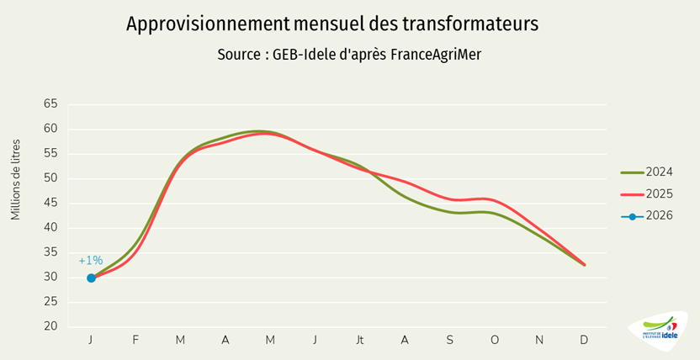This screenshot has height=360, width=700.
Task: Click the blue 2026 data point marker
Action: point(91,278)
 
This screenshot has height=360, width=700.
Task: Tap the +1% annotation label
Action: point(90,261)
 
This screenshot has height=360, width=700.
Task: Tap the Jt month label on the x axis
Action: point(360,339)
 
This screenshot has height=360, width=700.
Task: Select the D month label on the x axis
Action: point(585,339)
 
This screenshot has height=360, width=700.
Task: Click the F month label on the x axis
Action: point(135,339)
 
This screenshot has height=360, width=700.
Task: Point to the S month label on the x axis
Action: point(450,339)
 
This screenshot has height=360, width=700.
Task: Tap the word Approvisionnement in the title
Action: point(205,24)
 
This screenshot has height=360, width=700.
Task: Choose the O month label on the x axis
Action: point(495,339)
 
